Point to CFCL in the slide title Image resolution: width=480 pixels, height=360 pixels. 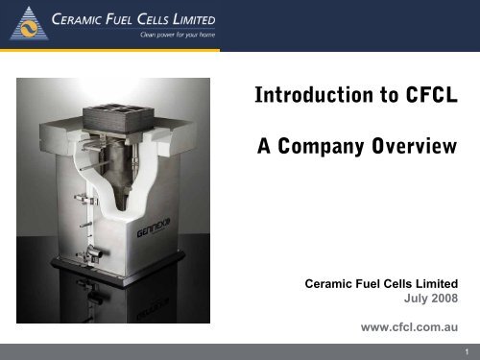click(x=427, y=97)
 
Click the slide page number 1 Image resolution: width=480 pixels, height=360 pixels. click(x=465, y=351)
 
